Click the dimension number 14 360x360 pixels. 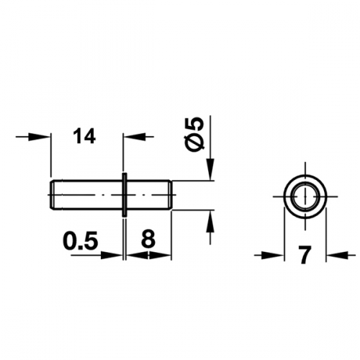84,136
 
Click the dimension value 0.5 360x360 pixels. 81,240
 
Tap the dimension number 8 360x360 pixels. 148,239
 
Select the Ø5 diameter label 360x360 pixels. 195,135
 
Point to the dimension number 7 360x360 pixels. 305,254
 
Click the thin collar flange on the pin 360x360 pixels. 125,194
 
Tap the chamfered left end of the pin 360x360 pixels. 52,195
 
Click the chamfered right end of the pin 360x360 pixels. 170,195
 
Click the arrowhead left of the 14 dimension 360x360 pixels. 40,137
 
